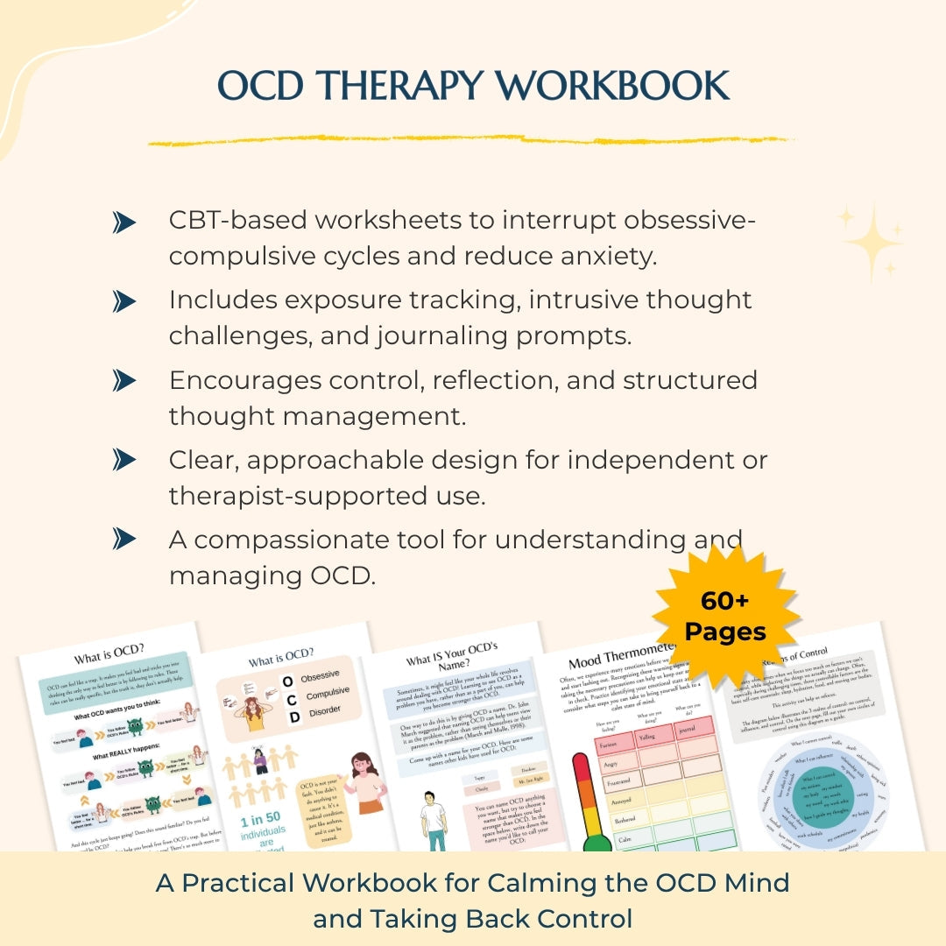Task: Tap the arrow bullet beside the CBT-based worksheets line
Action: tap(125, 223)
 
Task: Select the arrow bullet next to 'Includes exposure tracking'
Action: tap(125, 302)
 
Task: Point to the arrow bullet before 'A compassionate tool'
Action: tap(125, 537)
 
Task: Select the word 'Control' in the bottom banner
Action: tap(588, 919)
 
